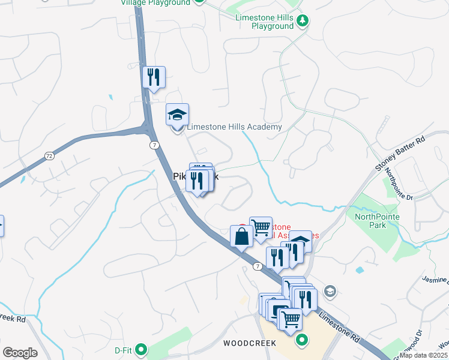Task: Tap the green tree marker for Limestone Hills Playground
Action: tap(303, 22)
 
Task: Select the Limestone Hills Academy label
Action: tap(234, 127)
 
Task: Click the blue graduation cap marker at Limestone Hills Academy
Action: tap(177, 114)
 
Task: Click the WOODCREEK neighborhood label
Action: tap(249, 344)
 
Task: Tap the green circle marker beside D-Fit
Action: tap(142, 348)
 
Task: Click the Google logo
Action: tap(20, 353)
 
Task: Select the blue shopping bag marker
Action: tap(241, 236)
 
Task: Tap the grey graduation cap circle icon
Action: tap(329, 292)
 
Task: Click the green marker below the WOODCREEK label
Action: tap(302, 342)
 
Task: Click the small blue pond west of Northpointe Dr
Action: tap(360, 271)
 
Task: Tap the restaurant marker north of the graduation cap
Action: tap(154, 77)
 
